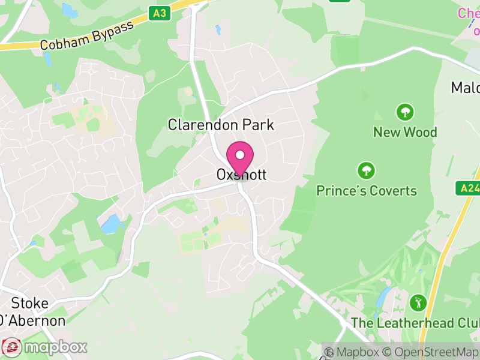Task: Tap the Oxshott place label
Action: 241,175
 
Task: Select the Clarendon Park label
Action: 221,125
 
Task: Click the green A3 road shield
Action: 158,13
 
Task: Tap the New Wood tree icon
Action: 405,112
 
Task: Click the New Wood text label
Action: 405,132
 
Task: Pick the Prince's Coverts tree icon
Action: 366,170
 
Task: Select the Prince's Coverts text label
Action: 367,191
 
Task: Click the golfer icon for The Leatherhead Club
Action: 418,302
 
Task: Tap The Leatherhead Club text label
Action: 415,323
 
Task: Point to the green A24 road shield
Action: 470,188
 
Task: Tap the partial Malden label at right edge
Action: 466,88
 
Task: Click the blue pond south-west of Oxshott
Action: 112,224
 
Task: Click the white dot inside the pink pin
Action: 240,155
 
